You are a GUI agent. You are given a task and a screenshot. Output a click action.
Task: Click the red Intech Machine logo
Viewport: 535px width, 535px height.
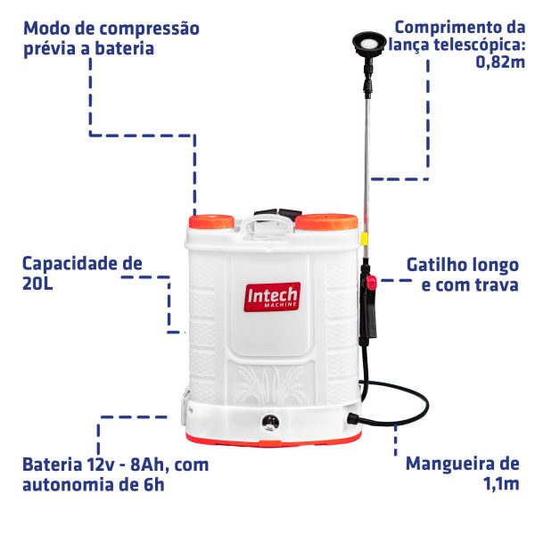pos(272,297)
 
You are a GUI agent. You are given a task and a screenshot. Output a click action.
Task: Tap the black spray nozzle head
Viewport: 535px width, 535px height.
pos(369,45)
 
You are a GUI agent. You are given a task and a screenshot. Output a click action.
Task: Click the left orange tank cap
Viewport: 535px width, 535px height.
pos(211,222)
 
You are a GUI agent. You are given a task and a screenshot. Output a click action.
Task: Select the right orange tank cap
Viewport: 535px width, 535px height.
pos(326,222)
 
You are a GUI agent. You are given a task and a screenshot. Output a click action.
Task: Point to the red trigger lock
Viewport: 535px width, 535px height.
pos(371,282)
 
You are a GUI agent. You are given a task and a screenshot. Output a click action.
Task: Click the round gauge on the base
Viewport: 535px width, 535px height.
pos(270,423)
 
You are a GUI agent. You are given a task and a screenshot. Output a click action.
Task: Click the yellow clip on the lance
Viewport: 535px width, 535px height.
pos(365,238)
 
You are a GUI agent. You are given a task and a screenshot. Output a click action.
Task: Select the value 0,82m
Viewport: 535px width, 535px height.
pos(500,62)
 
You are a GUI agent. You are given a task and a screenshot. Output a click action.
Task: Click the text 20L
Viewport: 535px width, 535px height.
pos(37,284)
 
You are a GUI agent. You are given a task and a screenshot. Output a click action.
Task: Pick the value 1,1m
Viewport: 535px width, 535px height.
pos(501,483)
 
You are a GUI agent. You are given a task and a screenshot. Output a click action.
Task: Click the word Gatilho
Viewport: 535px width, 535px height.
pos(438,266)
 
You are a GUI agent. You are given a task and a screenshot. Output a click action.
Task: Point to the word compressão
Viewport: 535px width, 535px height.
pos(150,29)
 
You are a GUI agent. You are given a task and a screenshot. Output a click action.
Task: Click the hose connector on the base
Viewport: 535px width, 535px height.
pos(353,419)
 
